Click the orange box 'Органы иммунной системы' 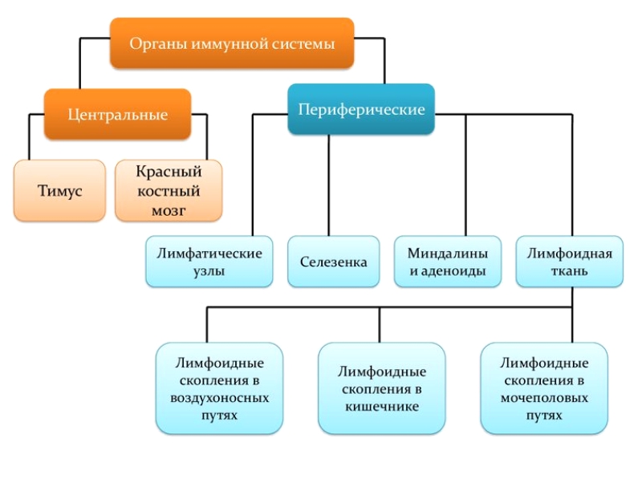(232, 44)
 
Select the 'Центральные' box (118, 115)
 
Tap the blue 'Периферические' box (361, 110)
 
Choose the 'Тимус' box (59, 191)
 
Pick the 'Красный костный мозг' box (168, 191)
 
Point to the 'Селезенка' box (334, 262)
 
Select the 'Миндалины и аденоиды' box (448, 262)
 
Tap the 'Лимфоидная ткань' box (569, 262)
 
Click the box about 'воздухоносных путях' (220, 388)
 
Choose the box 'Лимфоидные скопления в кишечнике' (381, 388)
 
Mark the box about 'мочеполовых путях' (544, 388)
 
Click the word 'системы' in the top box (307, 45)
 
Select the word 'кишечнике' (381, 407)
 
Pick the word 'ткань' (569, 271)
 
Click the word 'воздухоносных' (220, 398)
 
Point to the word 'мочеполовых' (544, 398)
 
